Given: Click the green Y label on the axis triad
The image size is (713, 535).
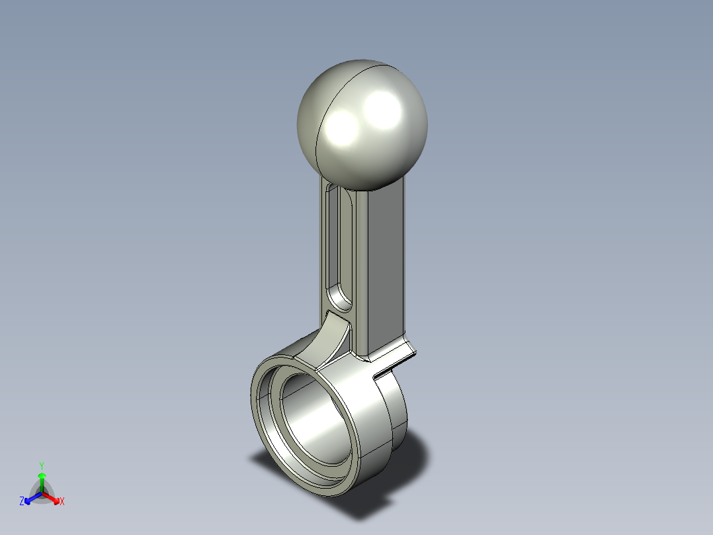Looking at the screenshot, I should tap(41, 465).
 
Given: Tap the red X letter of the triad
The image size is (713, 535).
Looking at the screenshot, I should tap(62, 502).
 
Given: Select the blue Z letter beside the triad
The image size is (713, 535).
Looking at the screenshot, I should tap(22, 502).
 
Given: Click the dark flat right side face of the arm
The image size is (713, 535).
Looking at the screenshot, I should tap(384, 265).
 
